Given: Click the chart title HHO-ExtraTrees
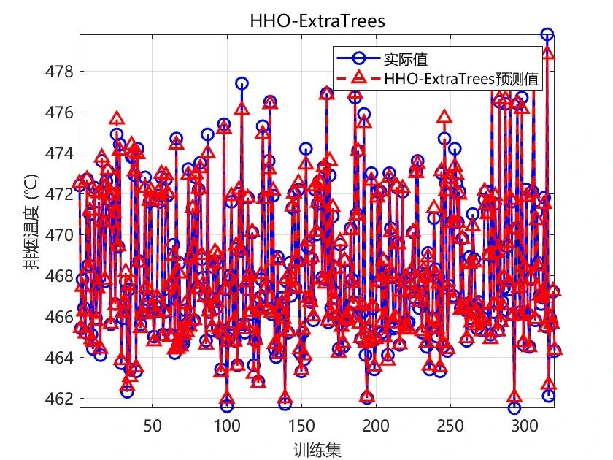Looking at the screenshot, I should [317, 21].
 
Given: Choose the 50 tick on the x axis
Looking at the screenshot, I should [152, 425].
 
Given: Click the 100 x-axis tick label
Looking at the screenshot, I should [226, 425].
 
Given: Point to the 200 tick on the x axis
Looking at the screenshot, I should [375, 425].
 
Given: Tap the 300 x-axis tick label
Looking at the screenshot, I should [524, 425].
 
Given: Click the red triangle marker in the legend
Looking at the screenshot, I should [358, 78].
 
